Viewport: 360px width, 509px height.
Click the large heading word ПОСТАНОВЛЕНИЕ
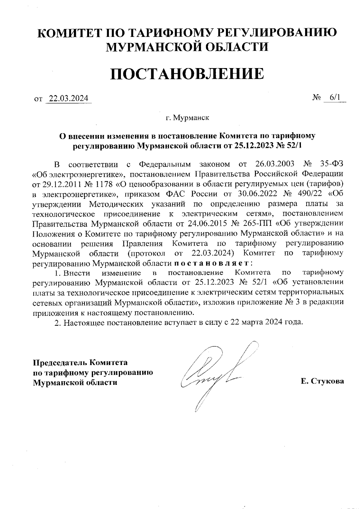[x=187, y=74]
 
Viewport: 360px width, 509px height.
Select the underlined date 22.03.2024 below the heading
[x=68, y=98]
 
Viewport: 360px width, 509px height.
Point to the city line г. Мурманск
[x=187, y=117]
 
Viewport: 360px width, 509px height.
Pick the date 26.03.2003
[x=274, y=164]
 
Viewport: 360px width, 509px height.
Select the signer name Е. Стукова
[x=322, y=382]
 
